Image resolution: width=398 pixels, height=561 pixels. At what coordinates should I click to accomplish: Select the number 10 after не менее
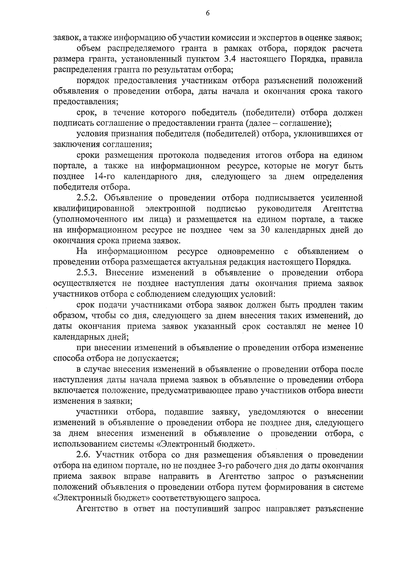point(358,327)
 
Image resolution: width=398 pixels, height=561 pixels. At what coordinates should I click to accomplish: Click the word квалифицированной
point(94,209)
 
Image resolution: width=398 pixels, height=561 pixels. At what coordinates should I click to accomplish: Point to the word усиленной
point(342,198)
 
